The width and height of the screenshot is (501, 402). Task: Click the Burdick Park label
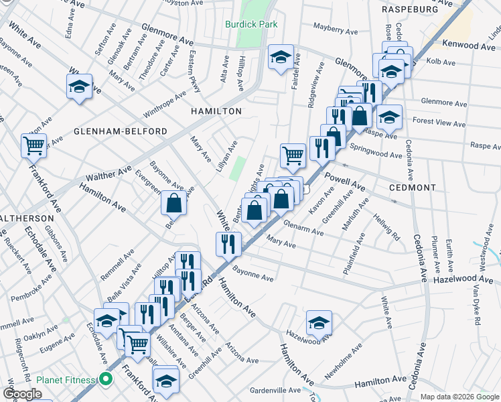251,24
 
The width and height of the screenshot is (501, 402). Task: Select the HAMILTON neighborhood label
215,111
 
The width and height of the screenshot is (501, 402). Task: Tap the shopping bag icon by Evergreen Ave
173,202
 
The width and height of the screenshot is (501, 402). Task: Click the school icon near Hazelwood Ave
319,322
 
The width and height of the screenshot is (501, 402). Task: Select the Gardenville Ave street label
275,390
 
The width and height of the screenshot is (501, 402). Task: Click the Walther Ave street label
109,176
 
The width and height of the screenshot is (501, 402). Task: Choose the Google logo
22,394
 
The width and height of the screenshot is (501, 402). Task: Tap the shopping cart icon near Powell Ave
293,155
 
